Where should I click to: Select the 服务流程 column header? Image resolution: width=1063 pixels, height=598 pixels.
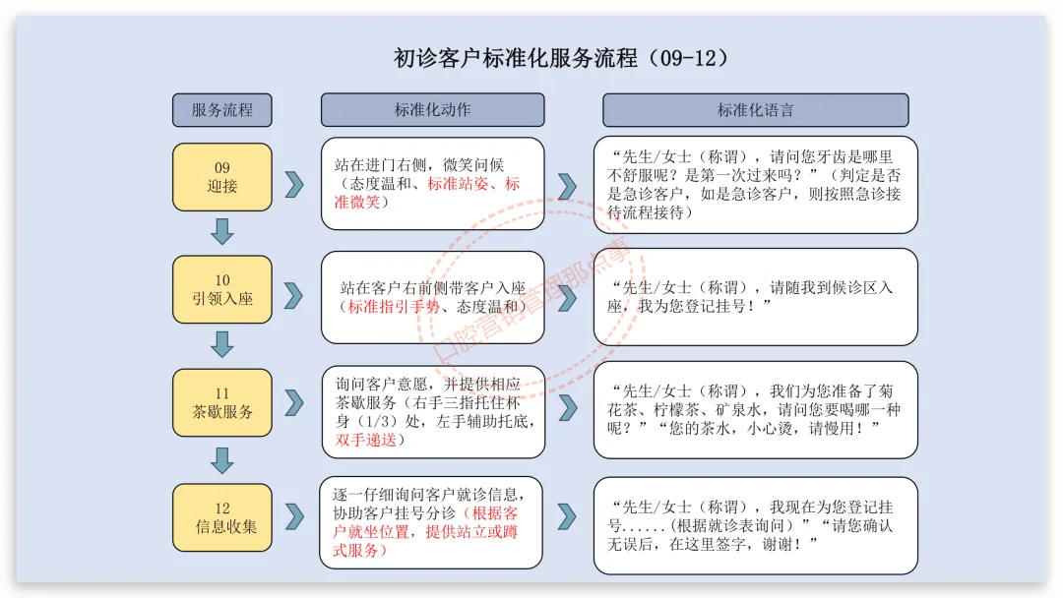[221, 110]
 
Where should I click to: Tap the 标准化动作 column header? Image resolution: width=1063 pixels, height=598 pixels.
[432, 110]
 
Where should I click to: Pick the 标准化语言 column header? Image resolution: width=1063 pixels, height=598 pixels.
[755, 110]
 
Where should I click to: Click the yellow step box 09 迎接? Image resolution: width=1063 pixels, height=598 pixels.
[222, 177]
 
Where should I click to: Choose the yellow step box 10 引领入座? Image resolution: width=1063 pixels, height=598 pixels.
[222, 289]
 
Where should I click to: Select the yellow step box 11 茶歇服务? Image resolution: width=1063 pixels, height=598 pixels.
[222, 402]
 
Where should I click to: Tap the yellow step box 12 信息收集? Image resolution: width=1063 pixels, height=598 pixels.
[222, 516]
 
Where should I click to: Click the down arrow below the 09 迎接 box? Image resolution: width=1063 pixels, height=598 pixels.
[222, 232]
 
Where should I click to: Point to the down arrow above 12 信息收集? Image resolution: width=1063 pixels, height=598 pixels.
[222, 459]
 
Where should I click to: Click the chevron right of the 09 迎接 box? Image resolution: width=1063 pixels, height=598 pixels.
[294, 184]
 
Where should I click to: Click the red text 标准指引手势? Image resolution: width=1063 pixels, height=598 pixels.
[393, 307]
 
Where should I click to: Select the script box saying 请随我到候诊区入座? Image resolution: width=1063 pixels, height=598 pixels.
[755, 297]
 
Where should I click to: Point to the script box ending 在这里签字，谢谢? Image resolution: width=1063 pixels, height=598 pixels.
[755, 525]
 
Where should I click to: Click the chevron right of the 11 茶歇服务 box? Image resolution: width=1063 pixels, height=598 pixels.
[294, 402]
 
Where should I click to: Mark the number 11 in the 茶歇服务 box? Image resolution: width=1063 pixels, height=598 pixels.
[222, 393]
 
